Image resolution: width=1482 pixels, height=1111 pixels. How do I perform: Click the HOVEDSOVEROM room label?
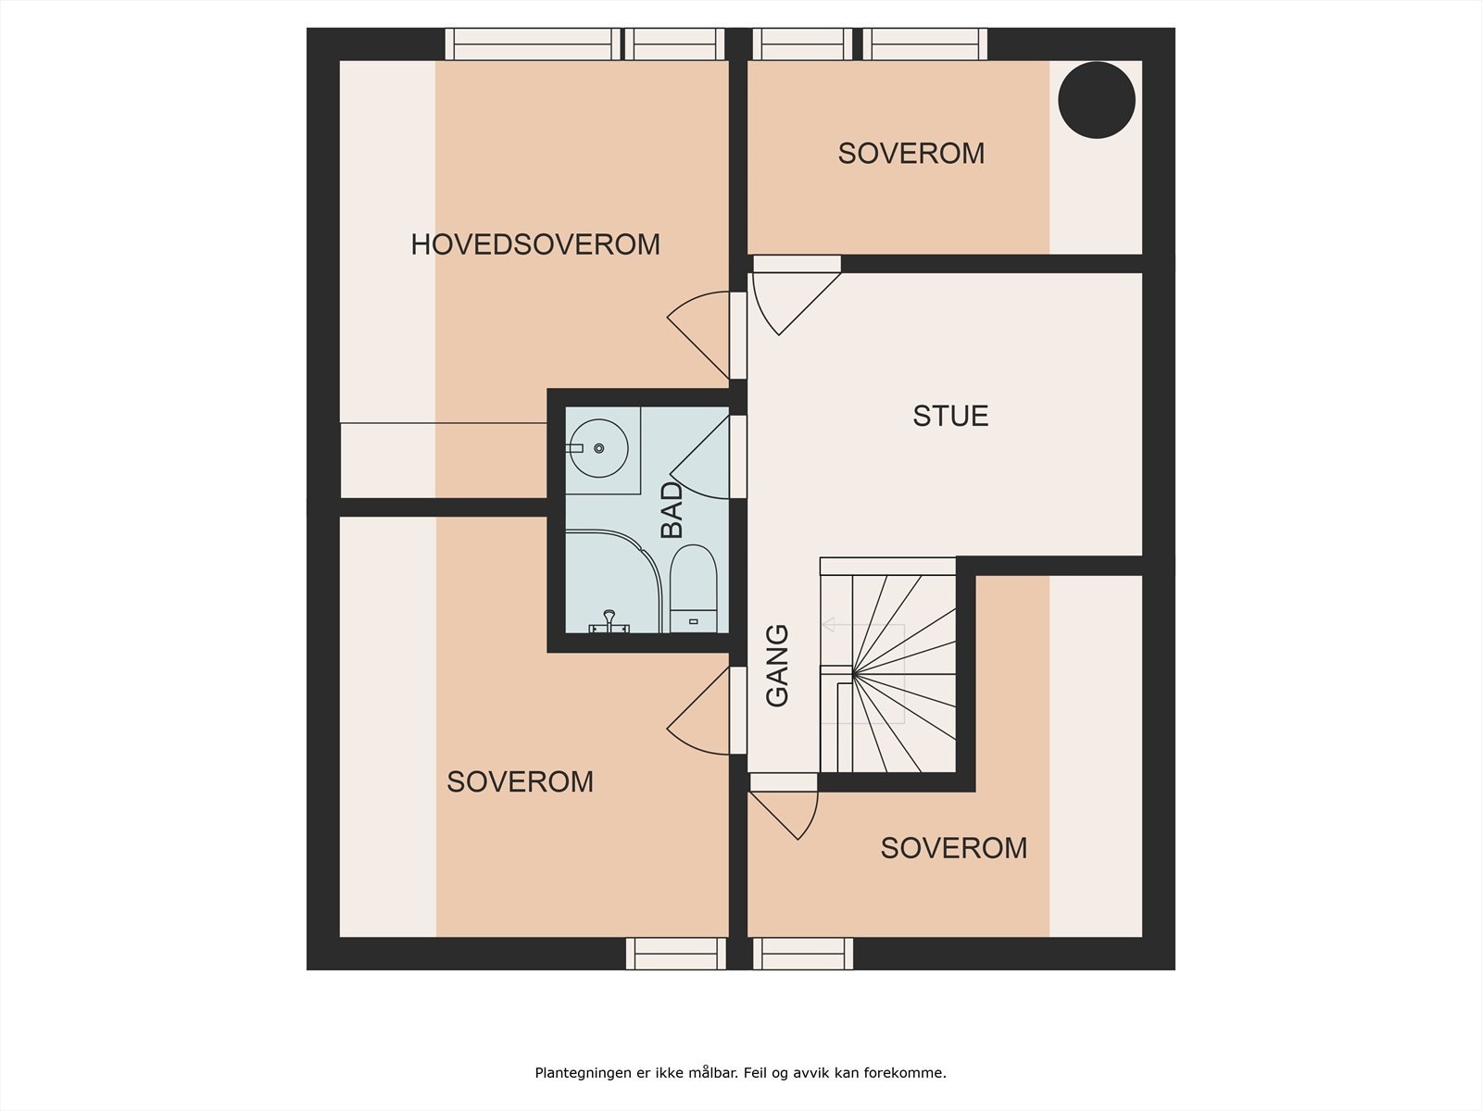535,244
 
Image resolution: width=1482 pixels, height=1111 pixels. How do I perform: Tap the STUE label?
950,416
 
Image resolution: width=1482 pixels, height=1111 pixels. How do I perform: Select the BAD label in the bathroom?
672,510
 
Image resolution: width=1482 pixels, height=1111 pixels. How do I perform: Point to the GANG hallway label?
777,666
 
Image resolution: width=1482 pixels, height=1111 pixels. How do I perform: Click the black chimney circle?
1097,100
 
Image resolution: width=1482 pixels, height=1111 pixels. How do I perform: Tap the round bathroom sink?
598,448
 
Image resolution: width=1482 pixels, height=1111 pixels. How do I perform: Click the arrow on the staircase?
829,625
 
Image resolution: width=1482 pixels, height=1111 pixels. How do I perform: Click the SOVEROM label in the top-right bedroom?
911,153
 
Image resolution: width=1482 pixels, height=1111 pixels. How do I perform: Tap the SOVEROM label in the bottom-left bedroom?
520,781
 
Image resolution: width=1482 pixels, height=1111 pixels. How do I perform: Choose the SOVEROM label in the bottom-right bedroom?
953,847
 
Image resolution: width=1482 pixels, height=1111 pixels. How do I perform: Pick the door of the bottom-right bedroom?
788,807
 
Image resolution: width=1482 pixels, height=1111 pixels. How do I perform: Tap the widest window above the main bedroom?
532,44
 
